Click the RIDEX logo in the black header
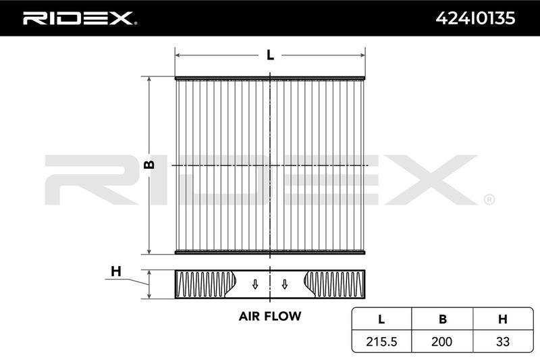(x=80, y=18)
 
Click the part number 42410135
(x=475, y=18)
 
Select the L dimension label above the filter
(x=271, y=55)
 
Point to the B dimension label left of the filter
(x=149, y=165)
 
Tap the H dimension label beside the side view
(x=116, y=272)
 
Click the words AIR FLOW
(x=270, y=316)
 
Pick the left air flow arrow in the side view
(x=255, y=284)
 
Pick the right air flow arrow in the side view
(x=285, y=284)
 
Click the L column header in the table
(x=381, y=319)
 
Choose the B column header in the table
(x=443, y=319)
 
